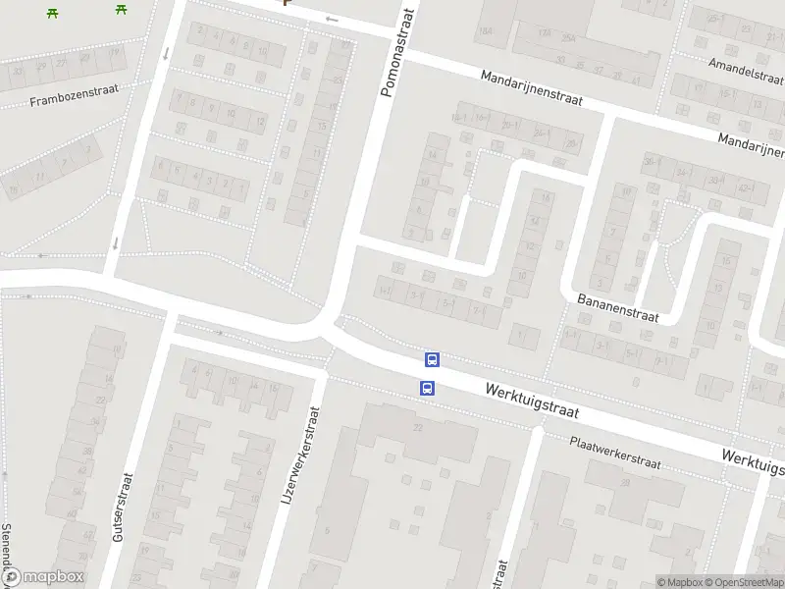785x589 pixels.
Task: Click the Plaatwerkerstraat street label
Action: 615,453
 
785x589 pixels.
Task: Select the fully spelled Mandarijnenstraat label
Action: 532,88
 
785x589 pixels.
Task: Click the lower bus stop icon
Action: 428,388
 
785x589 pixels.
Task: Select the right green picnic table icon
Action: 121,9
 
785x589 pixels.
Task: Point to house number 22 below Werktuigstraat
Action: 417,427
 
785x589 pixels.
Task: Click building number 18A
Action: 485,32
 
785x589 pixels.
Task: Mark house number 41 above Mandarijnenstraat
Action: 637,79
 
